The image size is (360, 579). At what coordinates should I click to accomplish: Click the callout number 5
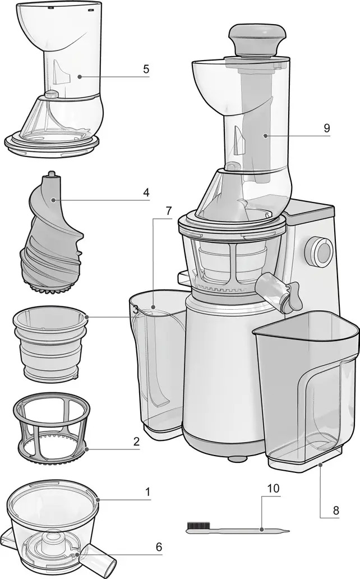[146, 70]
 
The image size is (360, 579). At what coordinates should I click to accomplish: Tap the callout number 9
[326, 128]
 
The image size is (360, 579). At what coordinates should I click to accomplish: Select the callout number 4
[146, 192]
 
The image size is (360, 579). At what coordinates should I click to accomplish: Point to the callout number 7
[168, 212]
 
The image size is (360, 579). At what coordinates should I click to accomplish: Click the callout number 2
[136, 442]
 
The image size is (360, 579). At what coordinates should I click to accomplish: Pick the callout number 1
[148, 492]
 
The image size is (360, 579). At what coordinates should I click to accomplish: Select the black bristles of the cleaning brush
[198, 527]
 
